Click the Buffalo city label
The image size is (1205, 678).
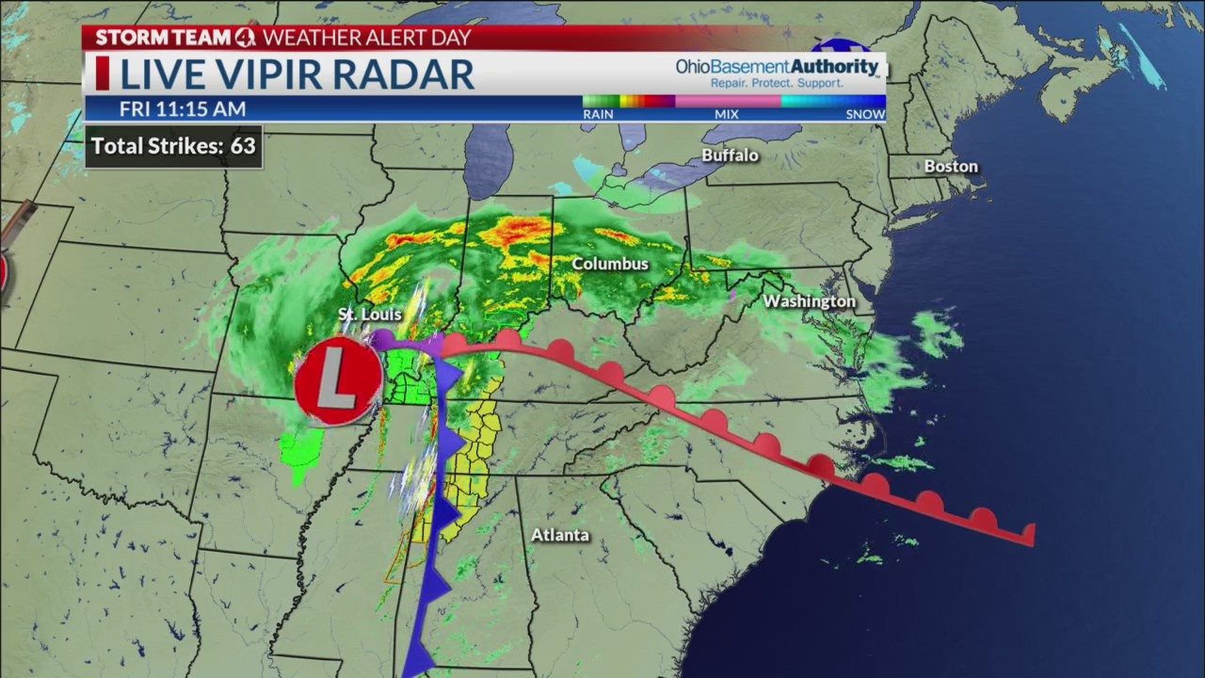[x=730, y=155]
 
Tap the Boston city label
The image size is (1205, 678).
[x=951, y=167]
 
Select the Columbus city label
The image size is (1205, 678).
[x=610, y=264]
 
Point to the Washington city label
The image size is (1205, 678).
[x=809, y=301]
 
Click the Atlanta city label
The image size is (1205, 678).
[x=560, y=535]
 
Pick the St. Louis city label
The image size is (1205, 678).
[x=370, y=315]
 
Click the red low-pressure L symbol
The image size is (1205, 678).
[x=338, y=382]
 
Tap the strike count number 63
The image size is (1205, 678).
[x=243, y=146]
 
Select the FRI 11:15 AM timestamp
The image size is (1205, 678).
[x=182, y=109]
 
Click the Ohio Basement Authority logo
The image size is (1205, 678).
[x=777, y=68]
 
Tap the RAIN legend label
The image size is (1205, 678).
[x=598, y=114]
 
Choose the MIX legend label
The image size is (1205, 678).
[x=726, y=114]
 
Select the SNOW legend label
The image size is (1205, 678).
[x=865, y=114]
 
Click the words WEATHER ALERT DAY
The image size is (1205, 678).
[x=366, y=38]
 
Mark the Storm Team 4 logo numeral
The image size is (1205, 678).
[x=245, y=38]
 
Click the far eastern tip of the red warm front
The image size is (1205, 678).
[x=1033, y=536]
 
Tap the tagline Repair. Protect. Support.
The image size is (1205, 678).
[x=777, y=84]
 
